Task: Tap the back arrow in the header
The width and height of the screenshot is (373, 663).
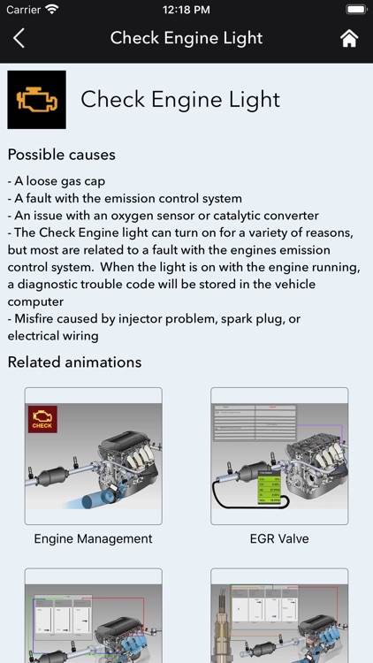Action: coord(19,38)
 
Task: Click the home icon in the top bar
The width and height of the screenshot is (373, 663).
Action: coord(349,38)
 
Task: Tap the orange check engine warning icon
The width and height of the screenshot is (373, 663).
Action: coord(36,100)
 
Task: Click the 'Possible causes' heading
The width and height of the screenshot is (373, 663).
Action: coord(61,155)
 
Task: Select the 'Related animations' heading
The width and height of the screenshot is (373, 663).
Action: coord(74,362)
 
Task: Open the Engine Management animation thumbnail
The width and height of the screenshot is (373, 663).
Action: coord(93,455)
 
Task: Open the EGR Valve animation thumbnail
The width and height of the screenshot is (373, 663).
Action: coord(278,455)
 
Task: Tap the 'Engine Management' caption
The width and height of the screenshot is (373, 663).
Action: coord(93,538)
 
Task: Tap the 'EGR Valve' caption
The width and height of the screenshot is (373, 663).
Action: coord(278,538)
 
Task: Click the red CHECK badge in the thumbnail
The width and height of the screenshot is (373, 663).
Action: coord(42,418)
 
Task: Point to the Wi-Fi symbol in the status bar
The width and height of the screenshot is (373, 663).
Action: coord(51,10)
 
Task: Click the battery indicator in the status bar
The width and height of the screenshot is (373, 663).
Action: coord(355,10)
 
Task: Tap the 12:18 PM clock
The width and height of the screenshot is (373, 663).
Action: coord(186,10)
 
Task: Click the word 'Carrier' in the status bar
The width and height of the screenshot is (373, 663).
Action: coord(23,10)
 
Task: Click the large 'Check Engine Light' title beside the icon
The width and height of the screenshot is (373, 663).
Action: coord(180,100)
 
